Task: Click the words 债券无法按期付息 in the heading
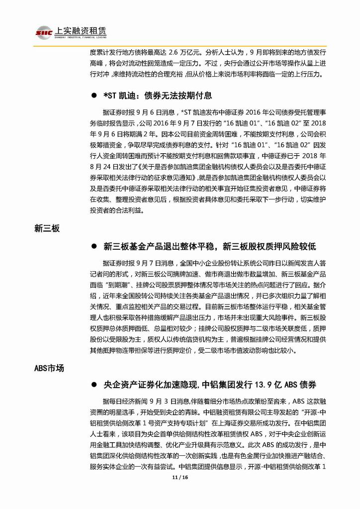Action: pyautogui.click(x=178, y=95)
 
